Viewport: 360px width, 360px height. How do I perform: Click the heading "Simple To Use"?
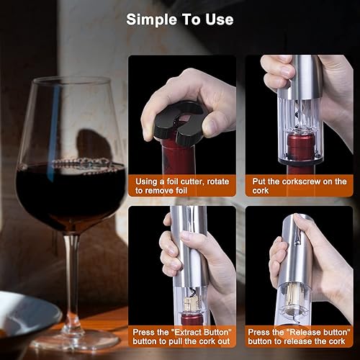180,19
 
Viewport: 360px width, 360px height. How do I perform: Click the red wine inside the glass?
68,191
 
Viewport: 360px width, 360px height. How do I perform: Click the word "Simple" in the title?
152,19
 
